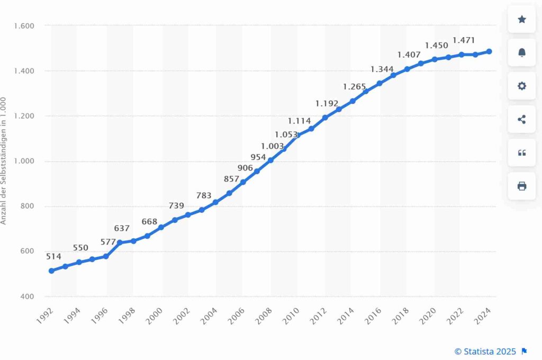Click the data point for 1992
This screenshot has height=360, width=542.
click(x=51, y=271)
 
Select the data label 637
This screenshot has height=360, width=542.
click(x=122, y=229)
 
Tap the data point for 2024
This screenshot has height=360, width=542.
click(x=489, y=51)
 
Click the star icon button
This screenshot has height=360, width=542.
click(x=521, y=19)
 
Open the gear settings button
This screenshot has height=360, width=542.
click(x=521, y=86)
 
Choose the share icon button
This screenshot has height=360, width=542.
click(x=521, y=119)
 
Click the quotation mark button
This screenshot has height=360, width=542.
click(x=521, y=153)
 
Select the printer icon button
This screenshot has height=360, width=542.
click(x=521, y=186)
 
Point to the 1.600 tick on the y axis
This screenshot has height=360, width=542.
click(x=24, y=25)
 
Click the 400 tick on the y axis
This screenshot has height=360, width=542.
click(x=28, y=296)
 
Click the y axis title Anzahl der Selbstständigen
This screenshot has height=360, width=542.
click(x=4, y=160)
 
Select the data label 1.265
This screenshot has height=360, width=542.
click(x=355, y=86)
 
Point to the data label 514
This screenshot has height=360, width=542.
click(x=53, y=257)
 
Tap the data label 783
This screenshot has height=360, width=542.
click(x=204, y=195)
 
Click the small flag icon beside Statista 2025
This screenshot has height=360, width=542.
click(x=525, y=351)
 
